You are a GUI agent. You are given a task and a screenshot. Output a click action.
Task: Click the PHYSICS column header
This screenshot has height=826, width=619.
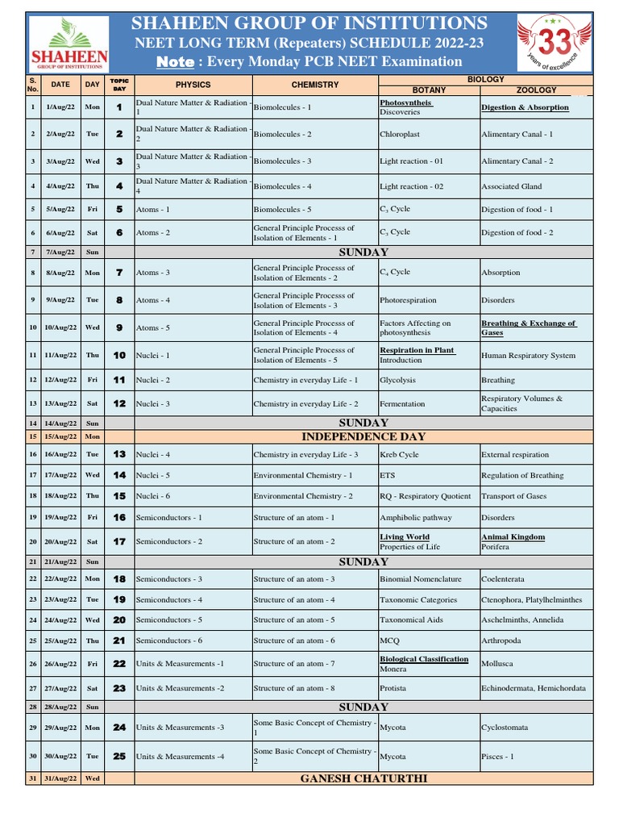click(193, 85)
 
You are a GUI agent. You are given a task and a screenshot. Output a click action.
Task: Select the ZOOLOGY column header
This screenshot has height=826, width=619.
click(537, 90)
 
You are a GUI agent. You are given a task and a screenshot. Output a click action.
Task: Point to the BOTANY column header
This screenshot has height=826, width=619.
click(428, 90)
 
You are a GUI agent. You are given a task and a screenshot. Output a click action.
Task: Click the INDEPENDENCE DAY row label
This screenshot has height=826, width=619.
click(363, 437)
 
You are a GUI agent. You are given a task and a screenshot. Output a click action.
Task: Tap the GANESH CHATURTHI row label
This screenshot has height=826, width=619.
click(363, 778)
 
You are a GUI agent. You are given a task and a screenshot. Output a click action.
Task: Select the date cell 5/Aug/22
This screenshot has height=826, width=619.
click(60, 210)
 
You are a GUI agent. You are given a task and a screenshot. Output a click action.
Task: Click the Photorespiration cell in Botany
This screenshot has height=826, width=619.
click(409, 300)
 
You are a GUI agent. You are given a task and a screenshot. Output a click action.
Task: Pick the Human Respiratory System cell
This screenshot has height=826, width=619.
click(528, 356)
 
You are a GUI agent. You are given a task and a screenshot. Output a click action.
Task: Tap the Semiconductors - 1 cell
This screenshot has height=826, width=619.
click(169, 517)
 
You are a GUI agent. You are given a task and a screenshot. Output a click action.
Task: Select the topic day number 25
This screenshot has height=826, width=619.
click(119, 757)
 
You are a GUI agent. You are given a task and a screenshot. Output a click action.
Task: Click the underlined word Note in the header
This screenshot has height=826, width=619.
click(176, 62)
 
